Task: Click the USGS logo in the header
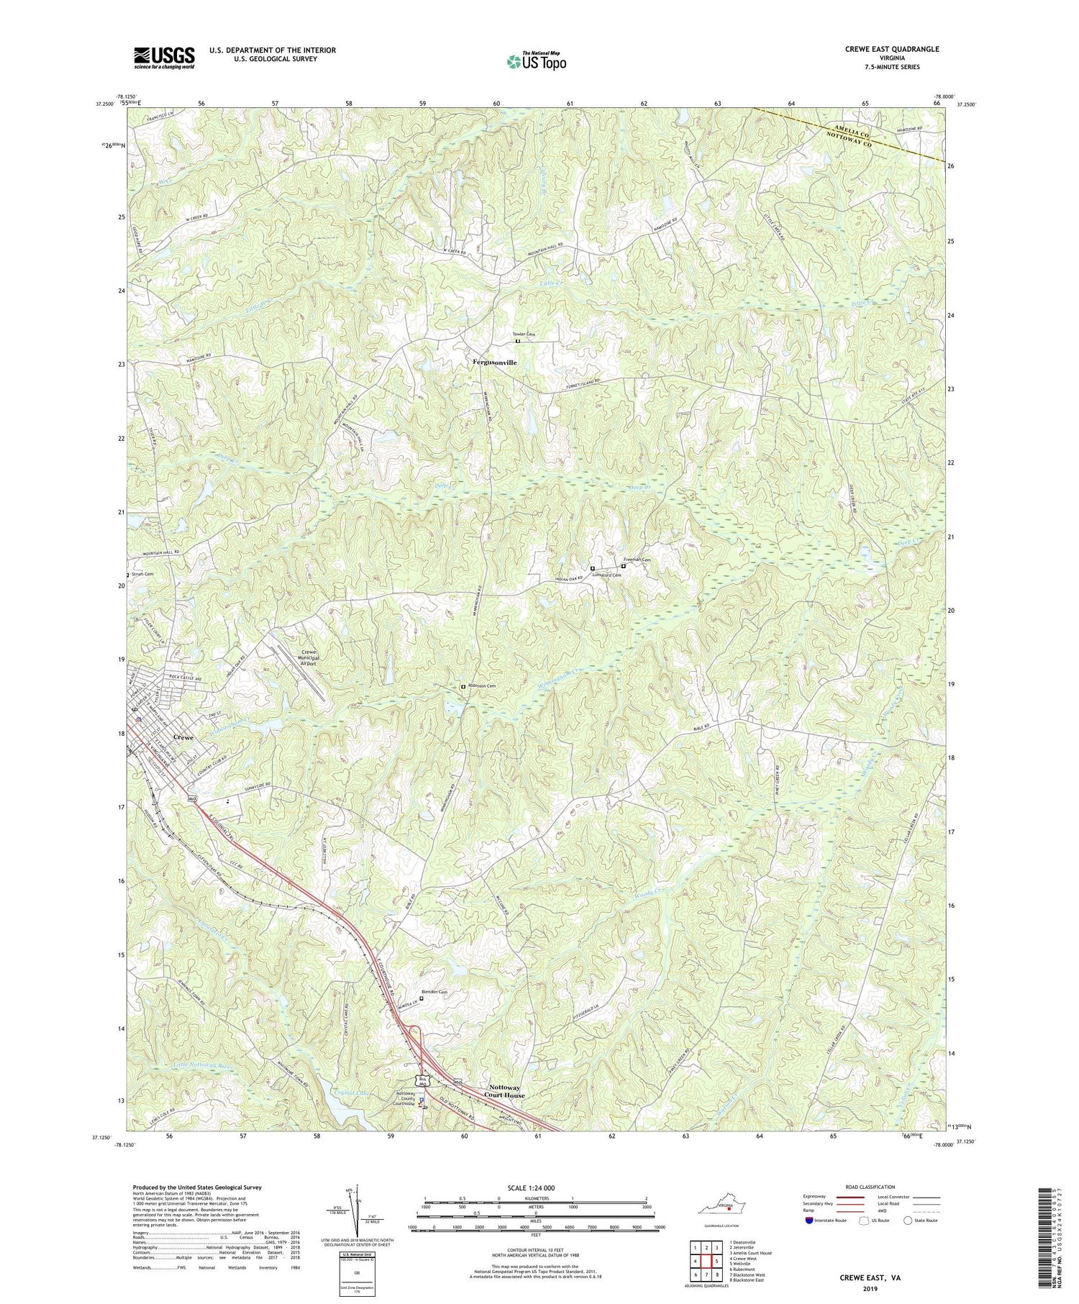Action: [x=164, y=58]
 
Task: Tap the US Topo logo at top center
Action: [x=537, y=62]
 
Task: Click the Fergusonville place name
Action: [x=494, y=363]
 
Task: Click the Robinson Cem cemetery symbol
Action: [x=463, y=686]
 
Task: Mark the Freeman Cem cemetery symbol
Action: [x=623, y=566]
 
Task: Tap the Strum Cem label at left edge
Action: [x=142, y=574]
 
